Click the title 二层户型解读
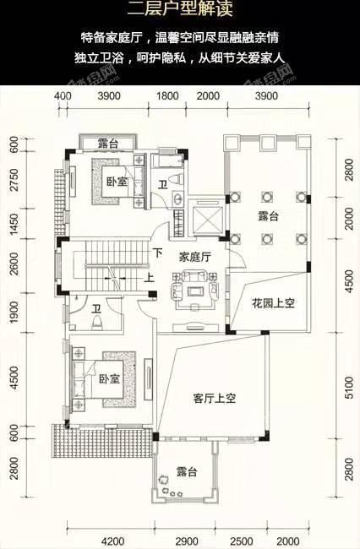(x=180, y=8)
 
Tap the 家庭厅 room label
(x=194, y=258)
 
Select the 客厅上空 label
(x=215, y=399)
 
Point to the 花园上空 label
(x=273, y=303)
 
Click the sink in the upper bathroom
(x=177, y=198)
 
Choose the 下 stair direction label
(x=158, y=253)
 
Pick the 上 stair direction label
(x=150, y=278)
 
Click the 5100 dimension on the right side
(x=349, y=388)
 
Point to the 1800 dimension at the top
(x=167, y=96)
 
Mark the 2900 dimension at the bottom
(x=187, y=541)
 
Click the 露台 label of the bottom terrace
(x=187, y=471)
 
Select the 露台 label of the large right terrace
(x=268, y=216)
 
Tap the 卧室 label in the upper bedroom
(x=117, y=182)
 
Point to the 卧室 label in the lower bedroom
(x=109, y=379)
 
